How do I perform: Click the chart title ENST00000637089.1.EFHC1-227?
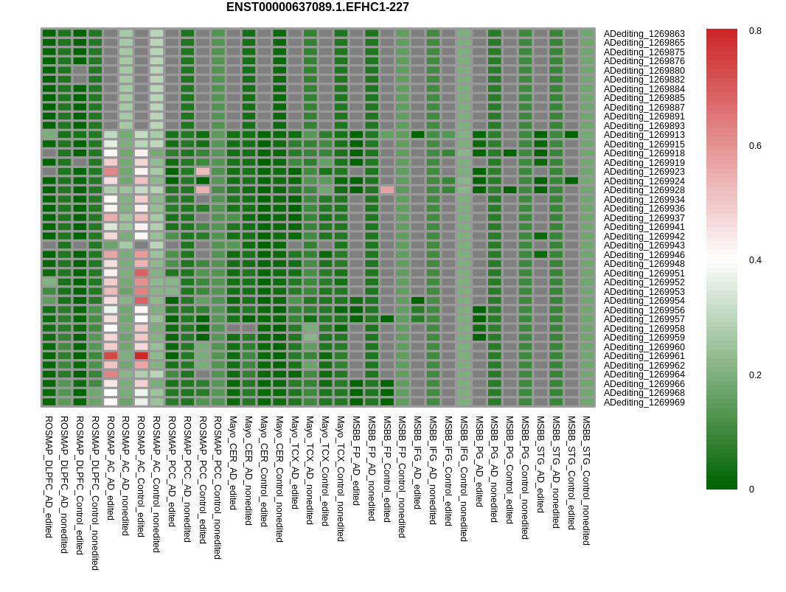(317, 7)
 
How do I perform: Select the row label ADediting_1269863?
(644, 34)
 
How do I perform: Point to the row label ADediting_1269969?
(644, 403)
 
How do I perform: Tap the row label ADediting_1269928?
(644, 190)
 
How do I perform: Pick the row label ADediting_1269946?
(644, 255)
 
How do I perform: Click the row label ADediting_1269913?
(644, 135)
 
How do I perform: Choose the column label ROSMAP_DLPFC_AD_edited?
(49, 476)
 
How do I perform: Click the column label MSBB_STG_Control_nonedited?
(586, 480)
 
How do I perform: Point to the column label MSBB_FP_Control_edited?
(386, 469)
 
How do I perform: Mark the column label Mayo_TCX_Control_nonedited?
(341, 478)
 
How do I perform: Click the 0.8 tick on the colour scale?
(755, 31)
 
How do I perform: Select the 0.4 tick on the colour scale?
(755, 260)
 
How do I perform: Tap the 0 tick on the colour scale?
(752, 490)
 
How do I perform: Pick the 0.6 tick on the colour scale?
(755, 146)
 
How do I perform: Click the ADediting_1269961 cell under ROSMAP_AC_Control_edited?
(141, 355)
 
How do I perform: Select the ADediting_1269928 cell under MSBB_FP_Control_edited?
(387, 189)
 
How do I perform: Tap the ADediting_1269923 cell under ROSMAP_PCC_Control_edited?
(203, 171)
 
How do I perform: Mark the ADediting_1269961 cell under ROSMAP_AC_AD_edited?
(111, 355)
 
